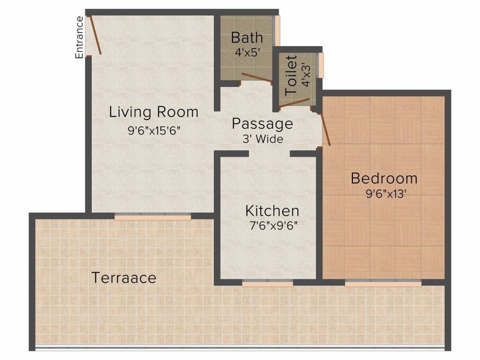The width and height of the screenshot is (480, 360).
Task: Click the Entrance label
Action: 79,37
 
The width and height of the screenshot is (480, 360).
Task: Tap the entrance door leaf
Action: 95,35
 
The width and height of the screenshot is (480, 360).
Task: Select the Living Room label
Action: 154,112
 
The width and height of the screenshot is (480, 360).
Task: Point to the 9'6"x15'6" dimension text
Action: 154,131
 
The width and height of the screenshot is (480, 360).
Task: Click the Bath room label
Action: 247,37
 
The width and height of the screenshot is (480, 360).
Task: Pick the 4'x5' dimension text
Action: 247,52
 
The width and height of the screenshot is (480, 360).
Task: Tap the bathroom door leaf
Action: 256,78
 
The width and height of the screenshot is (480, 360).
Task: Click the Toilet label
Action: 291,75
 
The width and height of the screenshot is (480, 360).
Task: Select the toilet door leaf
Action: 294,103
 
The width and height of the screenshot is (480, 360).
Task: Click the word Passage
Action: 262,124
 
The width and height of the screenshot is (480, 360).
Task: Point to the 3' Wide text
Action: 263,139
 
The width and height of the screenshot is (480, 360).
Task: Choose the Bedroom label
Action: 384,179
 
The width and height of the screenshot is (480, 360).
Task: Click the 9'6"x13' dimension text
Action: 386,194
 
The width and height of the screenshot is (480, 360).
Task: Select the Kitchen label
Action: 272,211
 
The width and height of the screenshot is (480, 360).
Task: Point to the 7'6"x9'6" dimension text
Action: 274,226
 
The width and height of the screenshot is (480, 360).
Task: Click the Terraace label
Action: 124,277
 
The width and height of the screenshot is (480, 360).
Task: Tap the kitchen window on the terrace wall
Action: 267,283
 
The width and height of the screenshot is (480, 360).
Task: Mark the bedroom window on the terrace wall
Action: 383,283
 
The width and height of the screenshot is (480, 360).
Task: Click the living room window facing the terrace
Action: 153,216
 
